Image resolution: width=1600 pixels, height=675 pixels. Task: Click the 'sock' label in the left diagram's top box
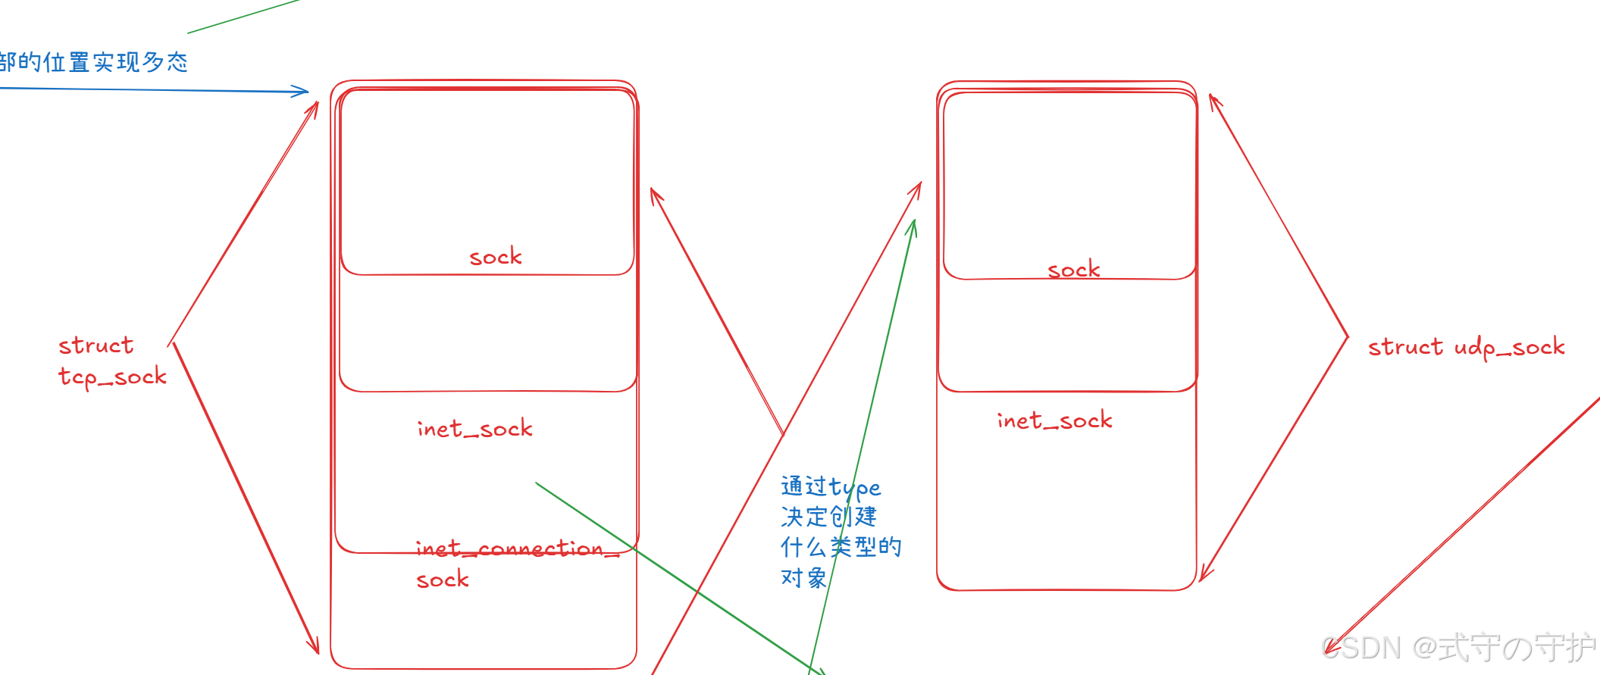(x=496, y=257)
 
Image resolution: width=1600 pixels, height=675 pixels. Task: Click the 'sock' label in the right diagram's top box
(x=1073, y=270)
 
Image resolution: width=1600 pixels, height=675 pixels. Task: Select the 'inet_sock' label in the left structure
(x=474, y=429)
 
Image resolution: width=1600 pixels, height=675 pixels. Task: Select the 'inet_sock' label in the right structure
(x=1054, y=420)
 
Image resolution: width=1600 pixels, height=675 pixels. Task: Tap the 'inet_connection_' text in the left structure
(x=517, y=548)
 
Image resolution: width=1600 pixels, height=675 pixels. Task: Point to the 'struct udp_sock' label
(x=1466, y=347)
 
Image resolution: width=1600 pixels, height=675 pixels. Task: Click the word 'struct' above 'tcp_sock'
(x=96, y=345)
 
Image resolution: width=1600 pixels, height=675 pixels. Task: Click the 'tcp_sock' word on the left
(x=112, y=377)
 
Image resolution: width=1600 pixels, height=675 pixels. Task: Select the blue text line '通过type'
(x=831, y=487)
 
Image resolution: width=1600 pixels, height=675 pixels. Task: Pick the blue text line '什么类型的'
(x=841, y=547)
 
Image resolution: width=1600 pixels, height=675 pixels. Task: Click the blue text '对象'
(x=803, y=578)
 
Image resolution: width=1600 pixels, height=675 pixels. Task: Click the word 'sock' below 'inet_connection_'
(x=443, y=580)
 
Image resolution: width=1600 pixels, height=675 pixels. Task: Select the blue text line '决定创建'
(x=828, y=517)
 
